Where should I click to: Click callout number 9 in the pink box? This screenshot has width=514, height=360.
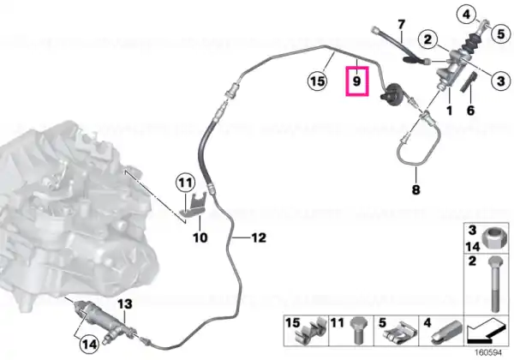point(357,81)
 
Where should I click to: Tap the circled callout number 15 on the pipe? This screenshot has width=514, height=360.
point(317,81)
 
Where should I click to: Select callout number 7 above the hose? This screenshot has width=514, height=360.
point(401,24)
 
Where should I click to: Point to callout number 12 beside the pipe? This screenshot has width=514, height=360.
point(259,237)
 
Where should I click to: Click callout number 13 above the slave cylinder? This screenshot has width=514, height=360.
point(125,304)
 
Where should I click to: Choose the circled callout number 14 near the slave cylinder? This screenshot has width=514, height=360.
point(89,345)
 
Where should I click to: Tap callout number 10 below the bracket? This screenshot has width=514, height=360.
point(200,237)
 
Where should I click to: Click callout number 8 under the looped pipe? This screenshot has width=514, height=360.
point(415,189)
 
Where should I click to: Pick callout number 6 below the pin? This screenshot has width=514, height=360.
point(470,111)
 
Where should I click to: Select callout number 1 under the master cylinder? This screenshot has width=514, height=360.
point(450,111)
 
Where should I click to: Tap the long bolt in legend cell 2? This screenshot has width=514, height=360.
point(495,285)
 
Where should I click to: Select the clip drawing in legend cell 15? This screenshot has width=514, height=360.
point(312,332)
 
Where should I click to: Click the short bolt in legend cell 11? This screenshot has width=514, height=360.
point(357,330)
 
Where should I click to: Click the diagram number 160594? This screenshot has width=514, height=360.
point(488,352)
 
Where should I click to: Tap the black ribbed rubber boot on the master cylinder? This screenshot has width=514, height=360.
point(471,43)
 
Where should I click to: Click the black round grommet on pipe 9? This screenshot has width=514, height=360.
point(391,94)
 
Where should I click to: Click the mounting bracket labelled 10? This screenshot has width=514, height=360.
point(194,206)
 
